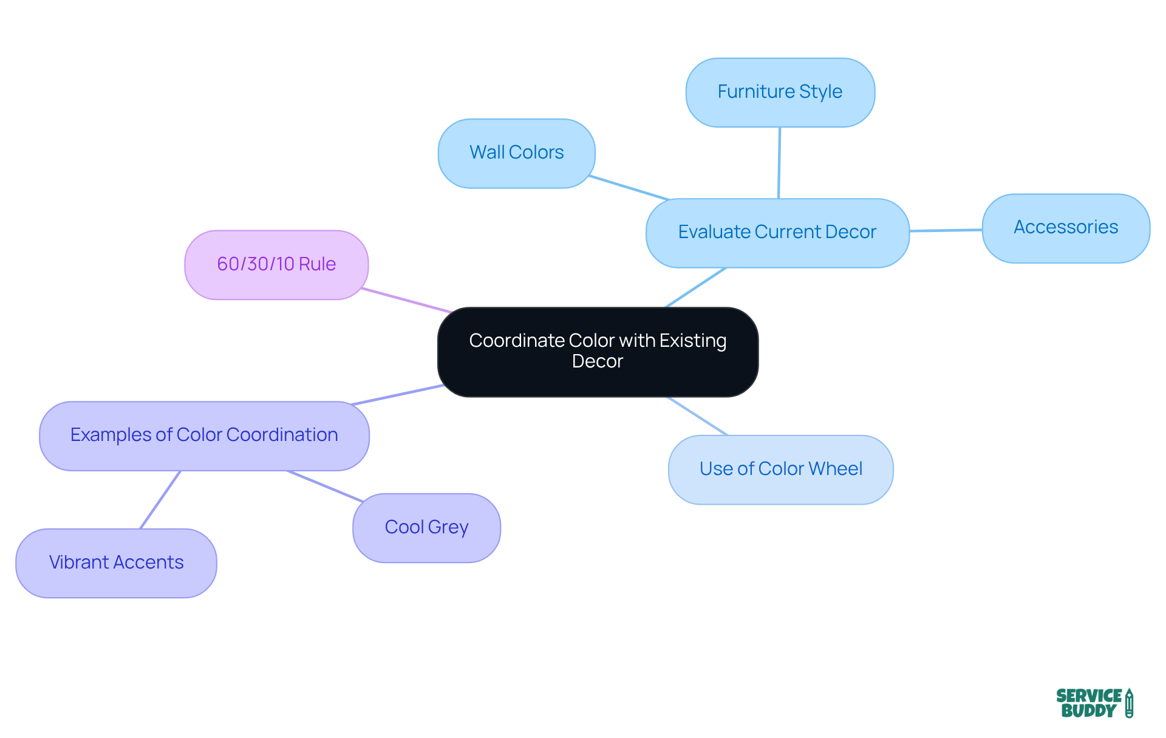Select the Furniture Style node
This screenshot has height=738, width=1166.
point(780,92)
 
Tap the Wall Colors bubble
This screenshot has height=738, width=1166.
point(516,153)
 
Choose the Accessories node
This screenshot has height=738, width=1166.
point(1066,228)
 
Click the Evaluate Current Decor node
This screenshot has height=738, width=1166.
point(777,233)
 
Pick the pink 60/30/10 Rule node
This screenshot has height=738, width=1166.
point(276,265)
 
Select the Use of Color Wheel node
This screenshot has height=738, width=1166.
point(780,470)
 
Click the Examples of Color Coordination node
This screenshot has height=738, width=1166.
point(204,436)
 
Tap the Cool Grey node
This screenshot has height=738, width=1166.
point(426,527)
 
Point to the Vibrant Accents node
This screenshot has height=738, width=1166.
point(116,562)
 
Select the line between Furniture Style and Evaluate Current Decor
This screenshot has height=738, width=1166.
point(779,163)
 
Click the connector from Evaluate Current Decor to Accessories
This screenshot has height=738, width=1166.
point(946,230)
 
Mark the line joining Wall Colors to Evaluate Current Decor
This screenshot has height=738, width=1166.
point(629,188)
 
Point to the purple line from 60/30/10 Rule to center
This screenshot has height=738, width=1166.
point(406,301)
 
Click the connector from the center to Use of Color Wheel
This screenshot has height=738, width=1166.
point(697,416)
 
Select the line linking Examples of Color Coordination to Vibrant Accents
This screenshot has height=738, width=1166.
point(160,499)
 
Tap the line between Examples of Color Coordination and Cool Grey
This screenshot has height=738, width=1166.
point(325,486)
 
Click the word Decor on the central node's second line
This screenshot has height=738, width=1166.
point(598,361)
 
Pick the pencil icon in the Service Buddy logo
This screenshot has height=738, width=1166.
point(1129,703)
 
